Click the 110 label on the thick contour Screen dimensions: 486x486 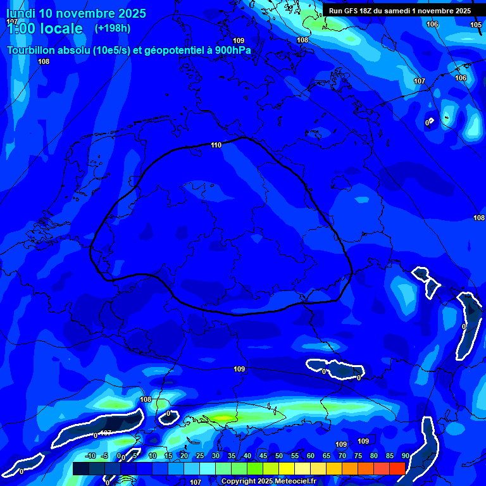point(216,145)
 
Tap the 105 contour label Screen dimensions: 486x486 point(476,25)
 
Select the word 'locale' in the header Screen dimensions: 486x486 point(59,28)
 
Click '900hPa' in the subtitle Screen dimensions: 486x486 point(232,51)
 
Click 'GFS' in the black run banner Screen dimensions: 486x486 point(352,11)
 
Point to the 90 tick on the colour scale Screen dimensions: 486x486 point(405,456)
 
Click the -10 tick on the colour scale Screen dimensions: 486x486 point(90,456)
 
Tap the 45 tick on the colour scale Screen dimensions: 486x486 point(263,456)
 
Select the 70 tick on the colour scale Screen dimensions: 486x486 point(342,456)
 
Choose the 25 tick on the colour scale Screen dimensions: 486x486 point(199,456)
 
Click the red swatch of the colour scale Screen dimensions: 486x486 point(397,468)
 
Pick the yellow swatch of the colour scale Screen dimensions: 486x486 point(286,468)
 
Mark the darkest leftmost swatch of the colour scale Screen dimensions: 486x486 point(80,468)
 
